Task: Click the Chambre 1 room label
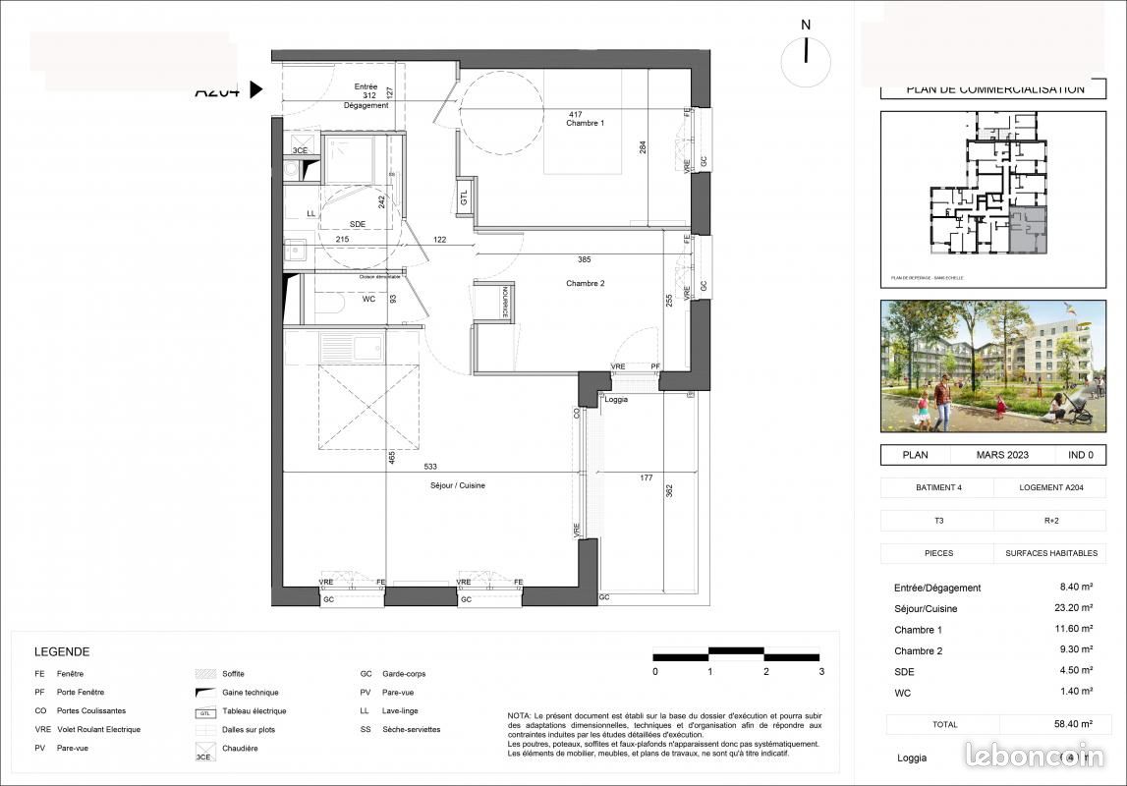(x=585, y=123)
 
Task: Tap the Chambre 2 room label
(x=585, y=283)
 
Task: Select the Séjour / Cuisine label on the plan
(x=457, y=485)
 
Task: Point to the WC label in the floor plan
(x=342, y=299)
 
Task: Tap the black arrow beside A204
(x=255, y=90)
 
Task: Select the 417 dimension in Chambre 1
(x=575, y=115)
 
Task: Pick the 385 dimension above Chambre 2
(x=585, y=260)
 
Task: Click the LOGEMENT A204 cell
(x=1049, y=487)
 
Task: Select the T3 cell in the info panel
(x=936, y=520)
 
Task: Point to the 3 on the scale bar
(x=821, y=672)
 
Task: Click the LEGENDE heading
(x=62, y=651)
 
